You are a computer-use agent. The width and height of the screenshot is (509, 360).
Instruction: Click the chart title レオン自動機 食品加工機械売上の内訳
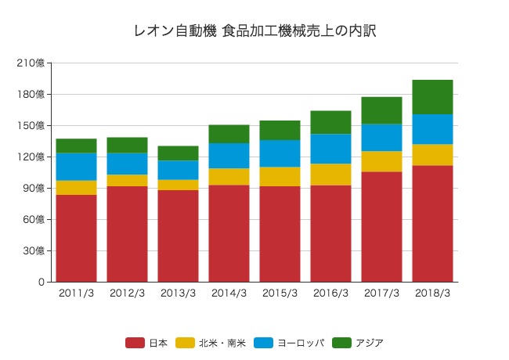254,31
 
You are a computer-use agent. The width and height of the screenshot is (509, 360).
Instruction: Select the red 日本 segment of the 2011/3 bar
76,238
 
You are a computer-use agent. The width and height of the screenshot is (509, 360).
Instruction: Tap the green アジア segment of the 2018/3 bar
432,97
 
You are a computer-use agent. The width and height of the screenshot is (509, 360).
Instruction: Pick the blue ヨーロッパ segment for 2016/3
330,149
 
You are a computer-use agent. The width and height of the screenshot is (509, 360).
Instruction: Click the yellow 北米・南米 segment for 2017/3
381,161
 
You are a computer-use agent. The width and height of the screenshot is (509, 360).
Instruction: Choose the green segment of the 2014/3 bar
229,134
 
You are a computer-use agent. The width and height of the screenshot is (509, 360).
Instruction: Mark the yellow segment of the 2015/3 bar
280,176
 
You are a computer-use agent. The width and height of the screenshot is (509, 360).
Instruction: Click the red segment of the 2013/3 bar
178,236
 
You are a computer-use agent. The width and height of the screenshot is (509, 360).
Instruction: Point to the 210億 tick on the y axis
34,63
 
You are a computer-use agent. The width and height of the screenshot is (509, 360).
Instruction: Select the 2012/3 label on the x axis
127,293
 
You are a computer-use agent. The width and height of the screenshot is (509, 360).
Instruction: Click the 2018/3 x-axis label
432,293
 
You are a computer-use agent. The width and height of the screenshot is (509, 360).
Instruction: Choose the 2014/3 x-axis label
229,293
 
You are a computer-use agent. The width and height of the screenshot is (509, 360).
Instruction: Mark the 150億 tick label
34,126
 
